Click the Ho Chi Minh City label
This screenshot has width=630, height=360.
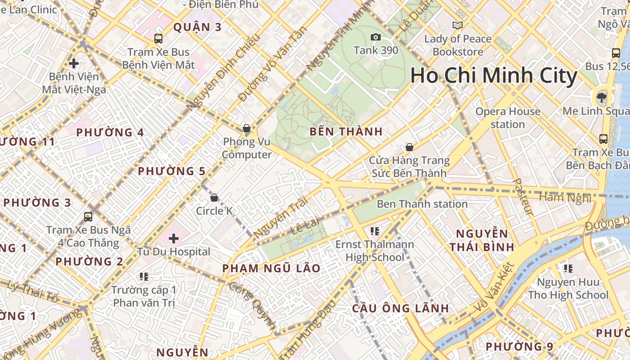494,76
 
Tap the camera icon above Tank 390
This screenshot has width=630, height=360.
376,37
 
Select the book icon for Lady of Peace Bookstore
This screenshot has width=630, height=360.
458,26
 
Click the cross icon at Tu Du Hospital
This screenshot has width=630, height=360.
174,238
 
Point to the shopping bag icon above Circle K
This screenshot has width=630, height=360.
214,197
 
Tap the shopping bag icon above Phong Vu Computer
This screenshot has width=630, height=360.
247,128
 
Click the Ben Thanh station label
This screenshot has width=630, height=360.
422,204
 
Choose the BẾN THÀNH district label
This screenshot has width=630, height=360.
346,132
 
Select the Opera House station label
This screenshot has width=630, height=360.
508,118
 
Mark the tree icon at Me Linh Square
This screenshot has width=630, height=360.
601,96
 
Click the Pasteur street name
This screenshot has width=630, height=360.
522,197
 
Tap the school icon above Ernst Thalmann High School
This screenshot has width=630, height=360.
374,231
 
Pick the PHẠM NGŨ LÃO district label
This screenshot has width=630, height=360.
271,269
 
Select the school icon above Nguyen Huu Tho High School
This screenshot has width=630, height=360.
568,269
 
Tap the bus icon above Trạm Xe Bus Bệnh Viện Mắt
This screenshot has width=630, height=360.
158,39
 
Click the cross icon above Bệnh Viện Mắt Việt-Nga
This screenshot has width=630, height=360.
74,63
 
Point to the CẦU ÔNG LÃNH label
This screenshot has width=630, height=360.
400,308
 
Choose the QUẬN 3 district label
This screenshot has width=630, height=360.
198,27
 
